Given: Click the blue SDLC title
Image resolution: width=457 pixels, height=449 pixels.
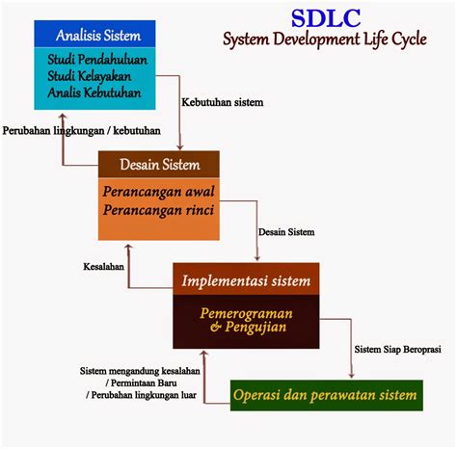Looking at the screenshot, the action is click(x=326, y=18).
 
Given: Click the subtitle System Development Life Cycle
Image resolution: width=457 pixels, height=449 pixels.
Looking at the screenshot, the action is click(x=325, y=40).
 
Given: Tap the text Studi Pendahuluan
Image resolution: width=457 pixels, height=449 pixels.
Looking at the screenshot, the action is click(x=97, y=60).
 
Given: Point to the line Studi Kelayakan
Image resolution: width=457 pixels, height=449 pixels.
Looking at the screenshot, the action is click(x=90, y=76).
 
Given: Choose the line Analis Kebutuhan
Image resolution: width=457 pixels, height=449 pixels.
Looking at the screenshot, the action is click(x=94, y=92).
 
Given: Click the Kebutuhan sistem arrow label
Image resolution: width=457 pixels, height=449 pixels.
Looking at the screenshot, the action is click(x=223, y=102).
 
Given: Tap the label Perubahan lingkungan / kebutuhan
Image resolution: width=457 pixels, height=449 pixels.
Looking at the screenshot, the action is click(x=82, y=131).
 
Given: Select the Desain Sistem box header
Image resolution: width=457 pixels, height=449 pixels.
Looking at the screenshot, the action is click(x=160, y=165).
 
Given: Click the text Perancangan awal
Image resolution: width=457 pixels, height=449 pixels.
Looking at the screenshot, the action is click(x=158, y=192).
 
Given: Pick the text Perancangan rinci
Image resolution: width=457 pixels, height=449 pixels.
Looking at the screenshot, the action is click(x=158, y=210).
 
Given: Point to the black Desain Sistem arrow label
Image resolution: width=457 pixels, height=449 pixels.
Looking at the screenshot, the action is click(x=286, y=232).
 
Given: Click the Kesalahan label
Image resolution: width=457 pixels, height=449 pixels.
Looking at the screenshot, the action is click(x=103, y=266).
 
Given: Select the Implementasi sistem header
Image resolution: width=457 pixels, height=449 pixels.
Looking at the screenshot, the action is click(x=246, y=280).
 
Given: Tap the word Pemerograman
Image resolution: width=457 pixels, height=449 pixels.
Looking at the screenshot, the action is click(x=246, y=313).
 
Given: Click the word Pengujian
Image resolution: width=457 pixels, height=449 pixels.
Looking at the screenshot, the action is click(x=255, y=328).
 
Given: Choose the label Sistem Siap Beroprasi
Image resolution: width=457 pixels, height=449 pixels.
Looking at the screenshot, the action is click(x=397, y=349).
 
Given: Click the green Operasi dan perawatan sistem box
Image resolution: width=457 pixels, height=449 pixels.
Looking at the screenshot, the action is click(x=327, y=395).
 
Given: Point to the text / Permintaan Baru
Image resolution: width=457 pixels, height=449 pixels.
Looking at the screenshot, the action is click(x=141, y=383).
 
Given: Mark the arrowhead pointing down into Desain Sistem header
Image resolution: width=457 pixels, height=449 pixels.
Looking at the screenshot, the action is click(x=180, y=146).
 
